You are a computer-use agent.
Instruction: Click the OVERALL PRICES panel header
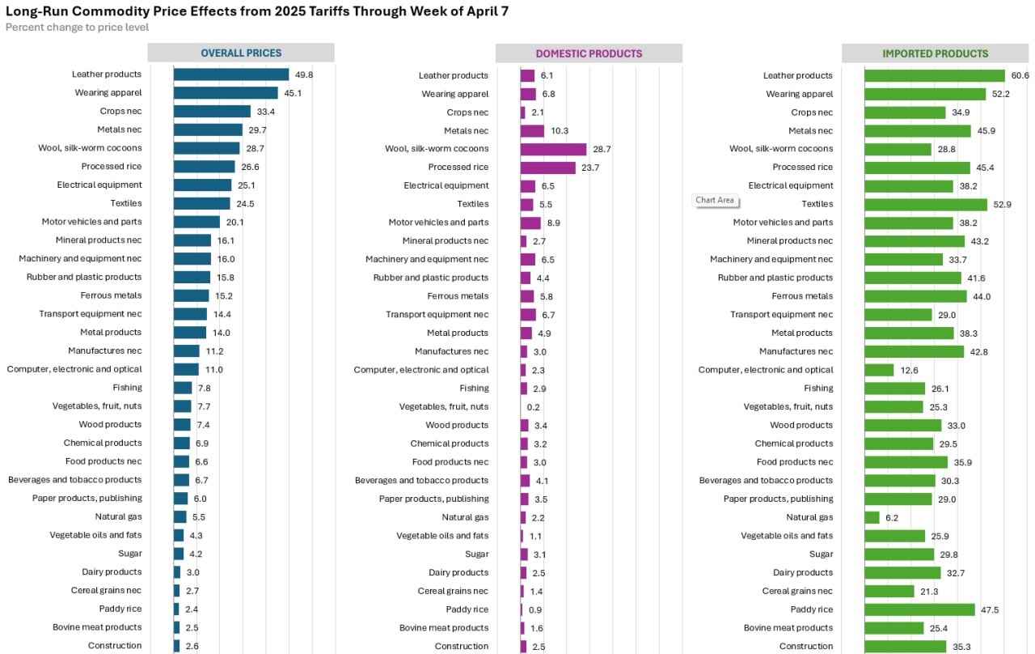[x=241, y=53]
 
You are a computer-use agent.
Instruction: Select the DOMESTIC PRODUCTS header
[x=589, y=53]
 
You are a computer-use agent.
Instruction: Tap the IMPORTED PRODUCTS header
[x=935, y=53]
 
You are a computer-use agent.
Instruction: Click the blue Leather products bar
[x=231, y=74]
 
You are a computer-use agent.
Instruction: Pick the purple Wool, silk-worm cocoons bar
[x=553, y=149]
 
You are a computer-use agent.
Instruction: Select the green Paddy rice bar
[x=919, y=609]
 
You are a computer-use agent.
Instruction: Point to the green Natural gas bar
[x=872, y=517]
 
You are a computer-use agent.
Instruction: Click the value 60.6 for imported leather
[x=1020, y=75]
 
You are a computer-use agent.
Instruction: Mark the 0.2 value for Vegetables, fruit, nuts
[x=534, y=407]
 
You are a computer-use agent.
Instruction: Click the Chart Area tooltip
[x=715, y=200]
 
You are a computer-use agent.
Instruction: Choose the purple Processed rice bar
[x=547, y=168]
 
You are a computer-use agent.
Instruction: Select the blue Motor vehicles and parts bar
[x=196, y=222]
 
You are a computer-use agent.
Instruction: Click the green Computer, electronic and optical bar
[x=879, y=370]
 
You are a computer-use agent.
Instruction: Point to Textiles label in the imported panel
[x=817, y=204]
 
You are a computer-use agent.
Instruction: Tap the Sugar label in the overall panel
[x=129, y=554]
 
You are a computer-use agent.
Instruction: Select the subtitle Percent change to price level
[x=77, y=28]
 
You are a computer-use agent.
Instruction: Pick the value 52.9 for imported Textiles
[x=1003, y=205]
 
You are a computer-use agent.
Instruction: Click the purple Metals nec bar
[x=532, y=130]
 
